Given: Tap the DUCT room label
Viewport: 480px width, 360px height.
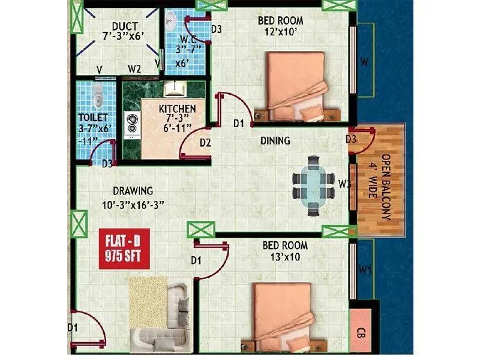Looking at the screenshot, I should click(125, 26).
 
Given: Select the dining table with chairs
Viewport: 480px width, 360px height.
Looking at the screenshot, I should click(313, 185).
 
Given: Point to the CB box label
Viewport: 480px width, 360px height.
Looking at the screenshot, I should click(361, 332).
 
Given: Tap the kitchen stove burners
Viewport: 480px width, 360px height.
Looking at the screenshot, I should click(131, 124).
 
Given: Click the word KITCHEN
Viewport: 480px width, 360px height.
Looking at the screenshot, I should click(177, 109).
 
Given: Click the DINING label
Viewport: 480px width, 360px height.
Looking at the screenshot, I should click(275, 141).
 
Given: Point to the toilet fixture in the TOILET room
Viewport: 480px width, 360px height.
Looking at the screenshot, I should click(97, 94).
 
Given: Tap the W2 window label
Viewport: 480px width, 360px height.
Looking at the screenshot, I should click(134, 68).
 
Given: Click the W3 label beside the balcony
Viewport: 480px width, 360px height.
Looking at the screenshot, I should click(344, 184).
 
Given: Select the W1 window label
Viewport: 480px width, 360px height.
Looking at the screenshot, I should click(365, 271).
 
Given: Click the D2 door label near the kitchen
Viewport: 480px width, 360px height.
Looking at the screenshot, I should click(205, 143).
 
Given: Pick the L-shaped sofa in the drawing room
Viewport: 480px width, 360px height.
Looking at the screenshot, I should click(168, 318).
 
